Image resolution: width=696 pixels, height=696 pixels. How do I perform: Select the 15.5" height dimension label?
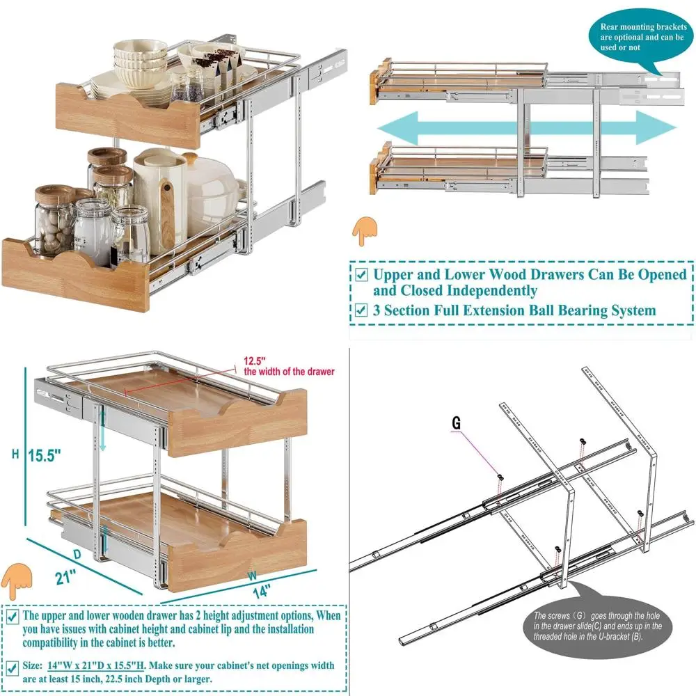click(45, 456)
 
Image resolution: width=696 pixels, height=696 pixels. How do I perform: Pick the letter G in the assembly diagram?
click(456, 422)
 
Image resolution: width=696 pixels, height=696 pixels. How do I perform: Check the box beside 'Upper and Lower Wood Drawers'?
click(361, 274)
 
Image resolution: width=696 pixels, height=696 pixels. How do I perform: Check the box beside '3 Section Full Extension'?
click(361, 310)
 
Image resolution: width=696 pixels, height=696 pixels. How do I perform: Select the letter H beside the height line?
click(15, 454)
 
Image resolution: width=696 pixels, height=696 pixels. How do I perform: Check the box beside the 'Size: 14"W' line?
click(13, 667)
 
